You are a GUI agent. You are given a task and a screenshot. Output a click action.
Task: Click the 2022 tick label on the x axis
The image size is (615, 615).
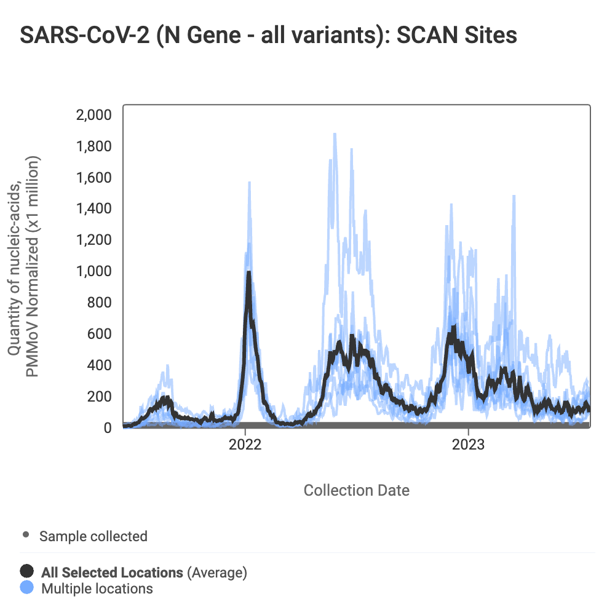tap(245, 445)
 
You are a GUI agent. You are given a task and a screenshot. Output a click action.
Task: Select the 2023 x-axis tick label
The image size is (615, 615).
tap(469, 445)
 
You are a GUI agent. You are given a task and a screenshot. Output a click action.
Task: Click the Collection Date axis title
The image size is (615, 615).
tap(357, 490)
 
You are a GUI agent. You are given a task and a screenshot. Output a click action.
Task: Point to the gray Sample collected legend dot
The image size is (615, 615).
tap(26, 535)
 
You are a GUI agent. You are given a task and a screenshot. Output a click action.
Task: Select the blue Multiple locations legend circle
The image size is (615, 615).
tap(27, 588)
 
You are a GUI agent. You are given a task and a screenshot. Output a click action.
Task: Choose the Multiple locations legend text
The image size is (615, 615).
tap(97, 589)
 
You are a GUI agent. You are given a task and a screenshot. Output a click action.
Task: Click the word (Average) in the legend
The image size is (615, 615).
tap(217, 573)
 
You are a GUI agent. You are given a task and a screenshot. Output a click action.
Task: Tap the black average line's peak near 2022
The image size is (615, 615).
tap(248, 272)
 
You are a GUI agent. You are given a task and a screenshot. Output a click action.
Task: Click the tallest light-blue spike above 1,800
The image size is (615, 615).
tap(335, 133)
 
